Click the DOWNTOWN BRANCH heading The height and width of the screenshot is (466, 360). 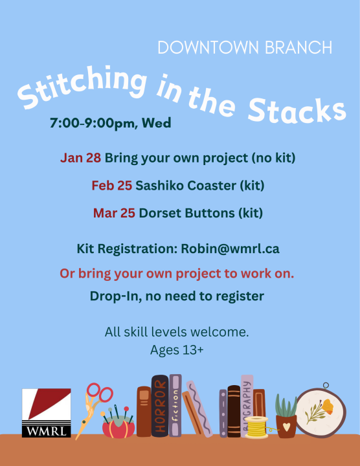[x=245, y=48]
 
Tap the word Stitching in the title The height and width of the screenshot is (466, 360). [x=80, y=87]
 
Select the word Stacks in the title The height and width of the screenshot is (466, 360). [x=297, y=111]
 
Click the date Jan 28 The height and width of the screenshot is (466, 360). [x=80, y=158]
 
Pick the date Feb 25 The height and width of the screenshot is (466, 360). [x=112, y=186]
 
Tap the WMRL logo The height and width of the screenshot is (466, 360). [x=46, y=413]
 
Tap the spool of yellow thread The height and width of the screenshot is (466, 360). [x=256, y=428]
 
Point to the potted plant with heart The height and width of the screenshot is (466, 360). [x=286, y=417]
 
